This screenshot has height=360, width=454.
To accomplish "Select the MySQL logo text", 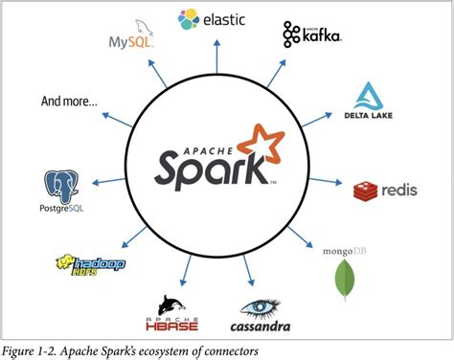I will (131, 43).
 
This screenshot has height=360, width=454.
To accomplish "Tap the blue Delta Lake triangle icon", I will (370, 95).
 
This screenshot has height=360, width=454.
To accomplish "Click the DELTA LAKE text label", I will (370, 117).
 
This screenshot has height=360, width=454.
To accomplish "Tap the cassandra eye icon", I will (260, 307).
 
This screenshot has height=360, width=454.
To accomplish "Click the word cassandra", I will (260, 326).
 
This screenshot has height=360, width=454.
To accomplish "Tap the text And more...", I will (69, 100).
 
